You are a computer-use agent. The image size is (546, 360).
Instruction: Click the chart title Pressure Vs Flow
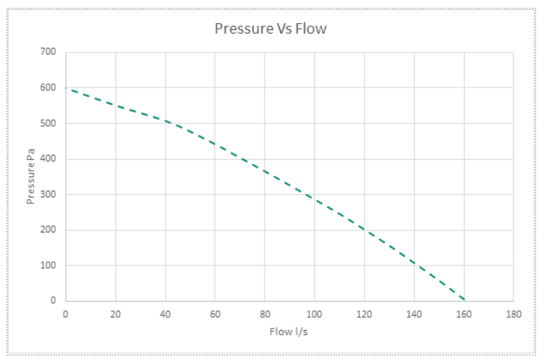pos(270,29)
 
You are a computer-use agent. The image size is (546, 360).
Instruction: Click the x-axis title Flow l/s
pos(288,331)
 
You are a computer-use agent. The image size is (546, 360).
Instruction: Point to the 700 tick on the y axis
pos(48,52)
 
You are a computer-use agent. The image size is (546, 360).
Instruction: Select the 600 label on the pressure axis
pos(48,88)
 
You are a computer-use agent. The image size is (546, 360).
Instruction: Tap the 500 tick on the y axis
pos(48,123)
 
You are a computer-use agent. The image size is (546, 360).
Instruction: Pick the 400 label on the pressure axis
pos(48,159)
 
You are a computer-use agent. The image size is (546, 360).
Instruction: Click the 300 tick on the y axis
pos(48,195)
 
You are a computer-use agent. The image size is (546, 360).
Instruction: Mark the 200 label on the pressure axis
pos(48,230)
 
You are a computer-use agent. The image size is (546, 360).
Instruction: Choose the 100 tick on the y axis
pos(48,265)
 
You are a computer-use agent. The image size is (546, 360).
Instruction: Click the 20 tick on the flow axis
pos(115,314)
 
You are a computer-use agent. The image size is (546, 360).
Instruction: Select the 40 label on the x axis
pos(165,314)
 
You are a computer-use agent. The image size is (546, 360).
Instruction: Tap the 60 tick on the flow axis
pos(215,314)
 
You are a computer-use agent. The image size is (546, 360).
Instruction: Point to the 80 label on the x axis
pos(265,314)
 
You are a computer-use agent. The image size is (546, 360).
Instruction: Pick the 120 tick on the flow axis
pos(364,314)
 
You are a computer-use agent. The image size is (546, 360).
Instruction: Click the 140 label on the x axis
pos(414,314)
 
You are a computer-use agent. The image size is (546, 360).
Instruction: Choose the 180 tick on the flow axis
pos(513,314)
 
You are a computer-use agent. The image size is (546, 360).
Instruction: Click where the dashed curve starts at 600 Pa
pos(66,88)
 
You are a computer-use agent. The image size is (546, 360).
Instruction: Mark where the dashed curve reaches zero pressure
pos(463,300)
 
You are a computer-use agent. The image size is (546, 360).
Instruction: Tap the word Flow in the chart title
pos(311,29)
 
